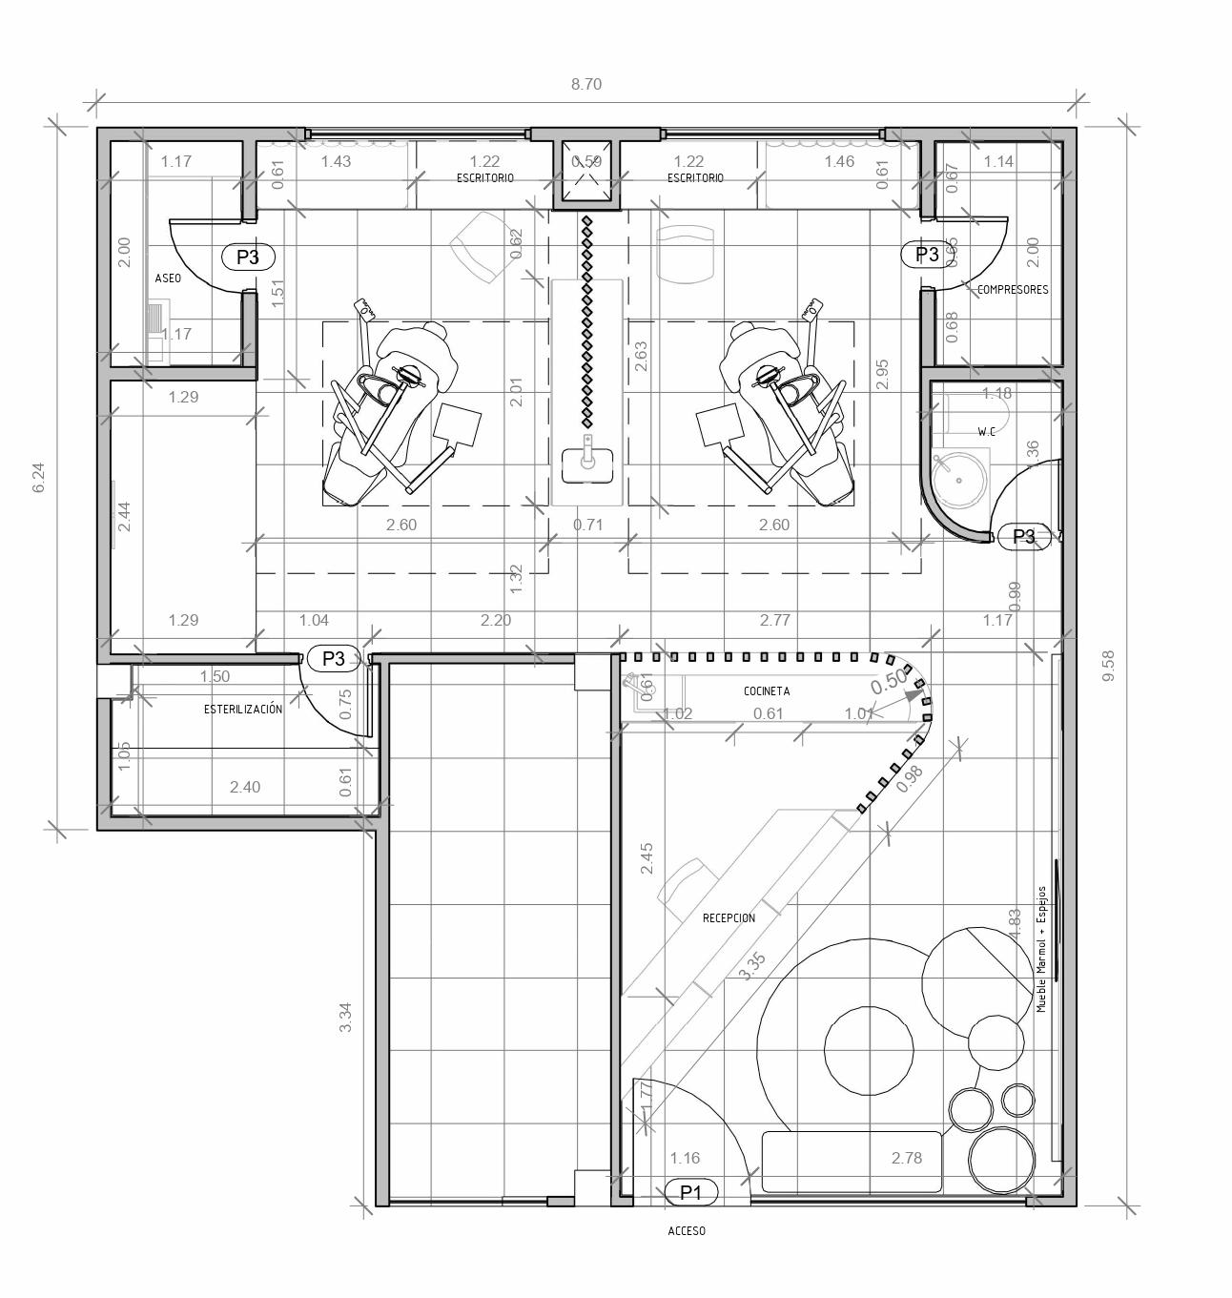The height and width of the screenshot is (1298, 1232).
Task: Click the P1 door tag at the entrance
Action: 690,1192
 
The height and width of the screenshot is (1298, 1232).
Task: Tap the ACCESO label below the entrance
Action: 687,1231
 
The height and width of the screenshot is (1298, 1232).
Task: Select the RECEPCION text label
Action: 729,918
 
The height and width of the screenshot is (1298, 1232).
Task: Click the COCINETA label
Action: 767,691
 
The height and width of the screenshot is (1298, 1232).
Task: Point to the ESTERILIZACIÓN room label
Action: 243,710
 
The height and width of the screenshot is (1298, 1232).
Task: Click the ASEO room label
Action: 168,278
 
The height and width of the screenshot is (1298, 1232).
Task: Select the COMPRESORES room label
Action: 1013,290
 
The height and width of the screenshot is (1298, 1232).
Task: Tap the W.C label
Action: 986,432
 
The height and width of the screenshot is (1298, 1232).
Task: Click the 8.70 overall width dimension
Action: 586,84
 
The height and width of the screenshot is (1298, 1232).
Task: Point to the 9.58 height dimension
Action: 1108,665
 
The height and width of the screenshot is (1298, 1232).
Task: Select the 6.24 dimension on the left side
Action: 38,477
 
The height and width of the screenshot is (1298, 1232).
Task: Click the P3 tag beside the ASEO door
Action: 247,257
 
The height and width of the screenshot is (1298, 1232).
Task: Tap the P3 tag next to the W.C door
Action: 1023,537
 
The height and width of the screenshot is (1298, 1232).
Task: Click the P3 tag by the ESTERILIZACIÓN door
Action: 333,658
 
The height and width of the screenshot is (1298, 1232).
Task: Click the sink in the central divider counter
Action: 586,465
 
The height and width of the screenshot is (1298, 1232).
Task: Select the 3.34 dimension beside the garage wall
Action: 346,1017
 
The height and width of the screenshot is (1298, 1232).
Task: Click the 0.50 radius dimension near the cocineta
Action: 888,681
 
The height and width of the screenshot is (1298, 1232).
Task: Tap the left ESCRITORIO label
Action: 484,178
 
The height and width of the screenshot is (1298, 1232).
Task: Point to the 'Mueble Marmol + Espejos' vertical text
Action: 1042,949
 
